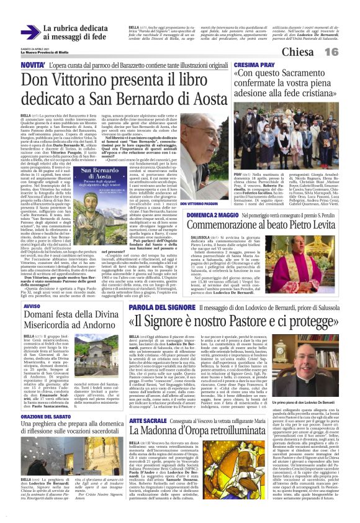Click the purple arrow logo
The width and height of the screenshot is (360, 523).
(x=29, y=31)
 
